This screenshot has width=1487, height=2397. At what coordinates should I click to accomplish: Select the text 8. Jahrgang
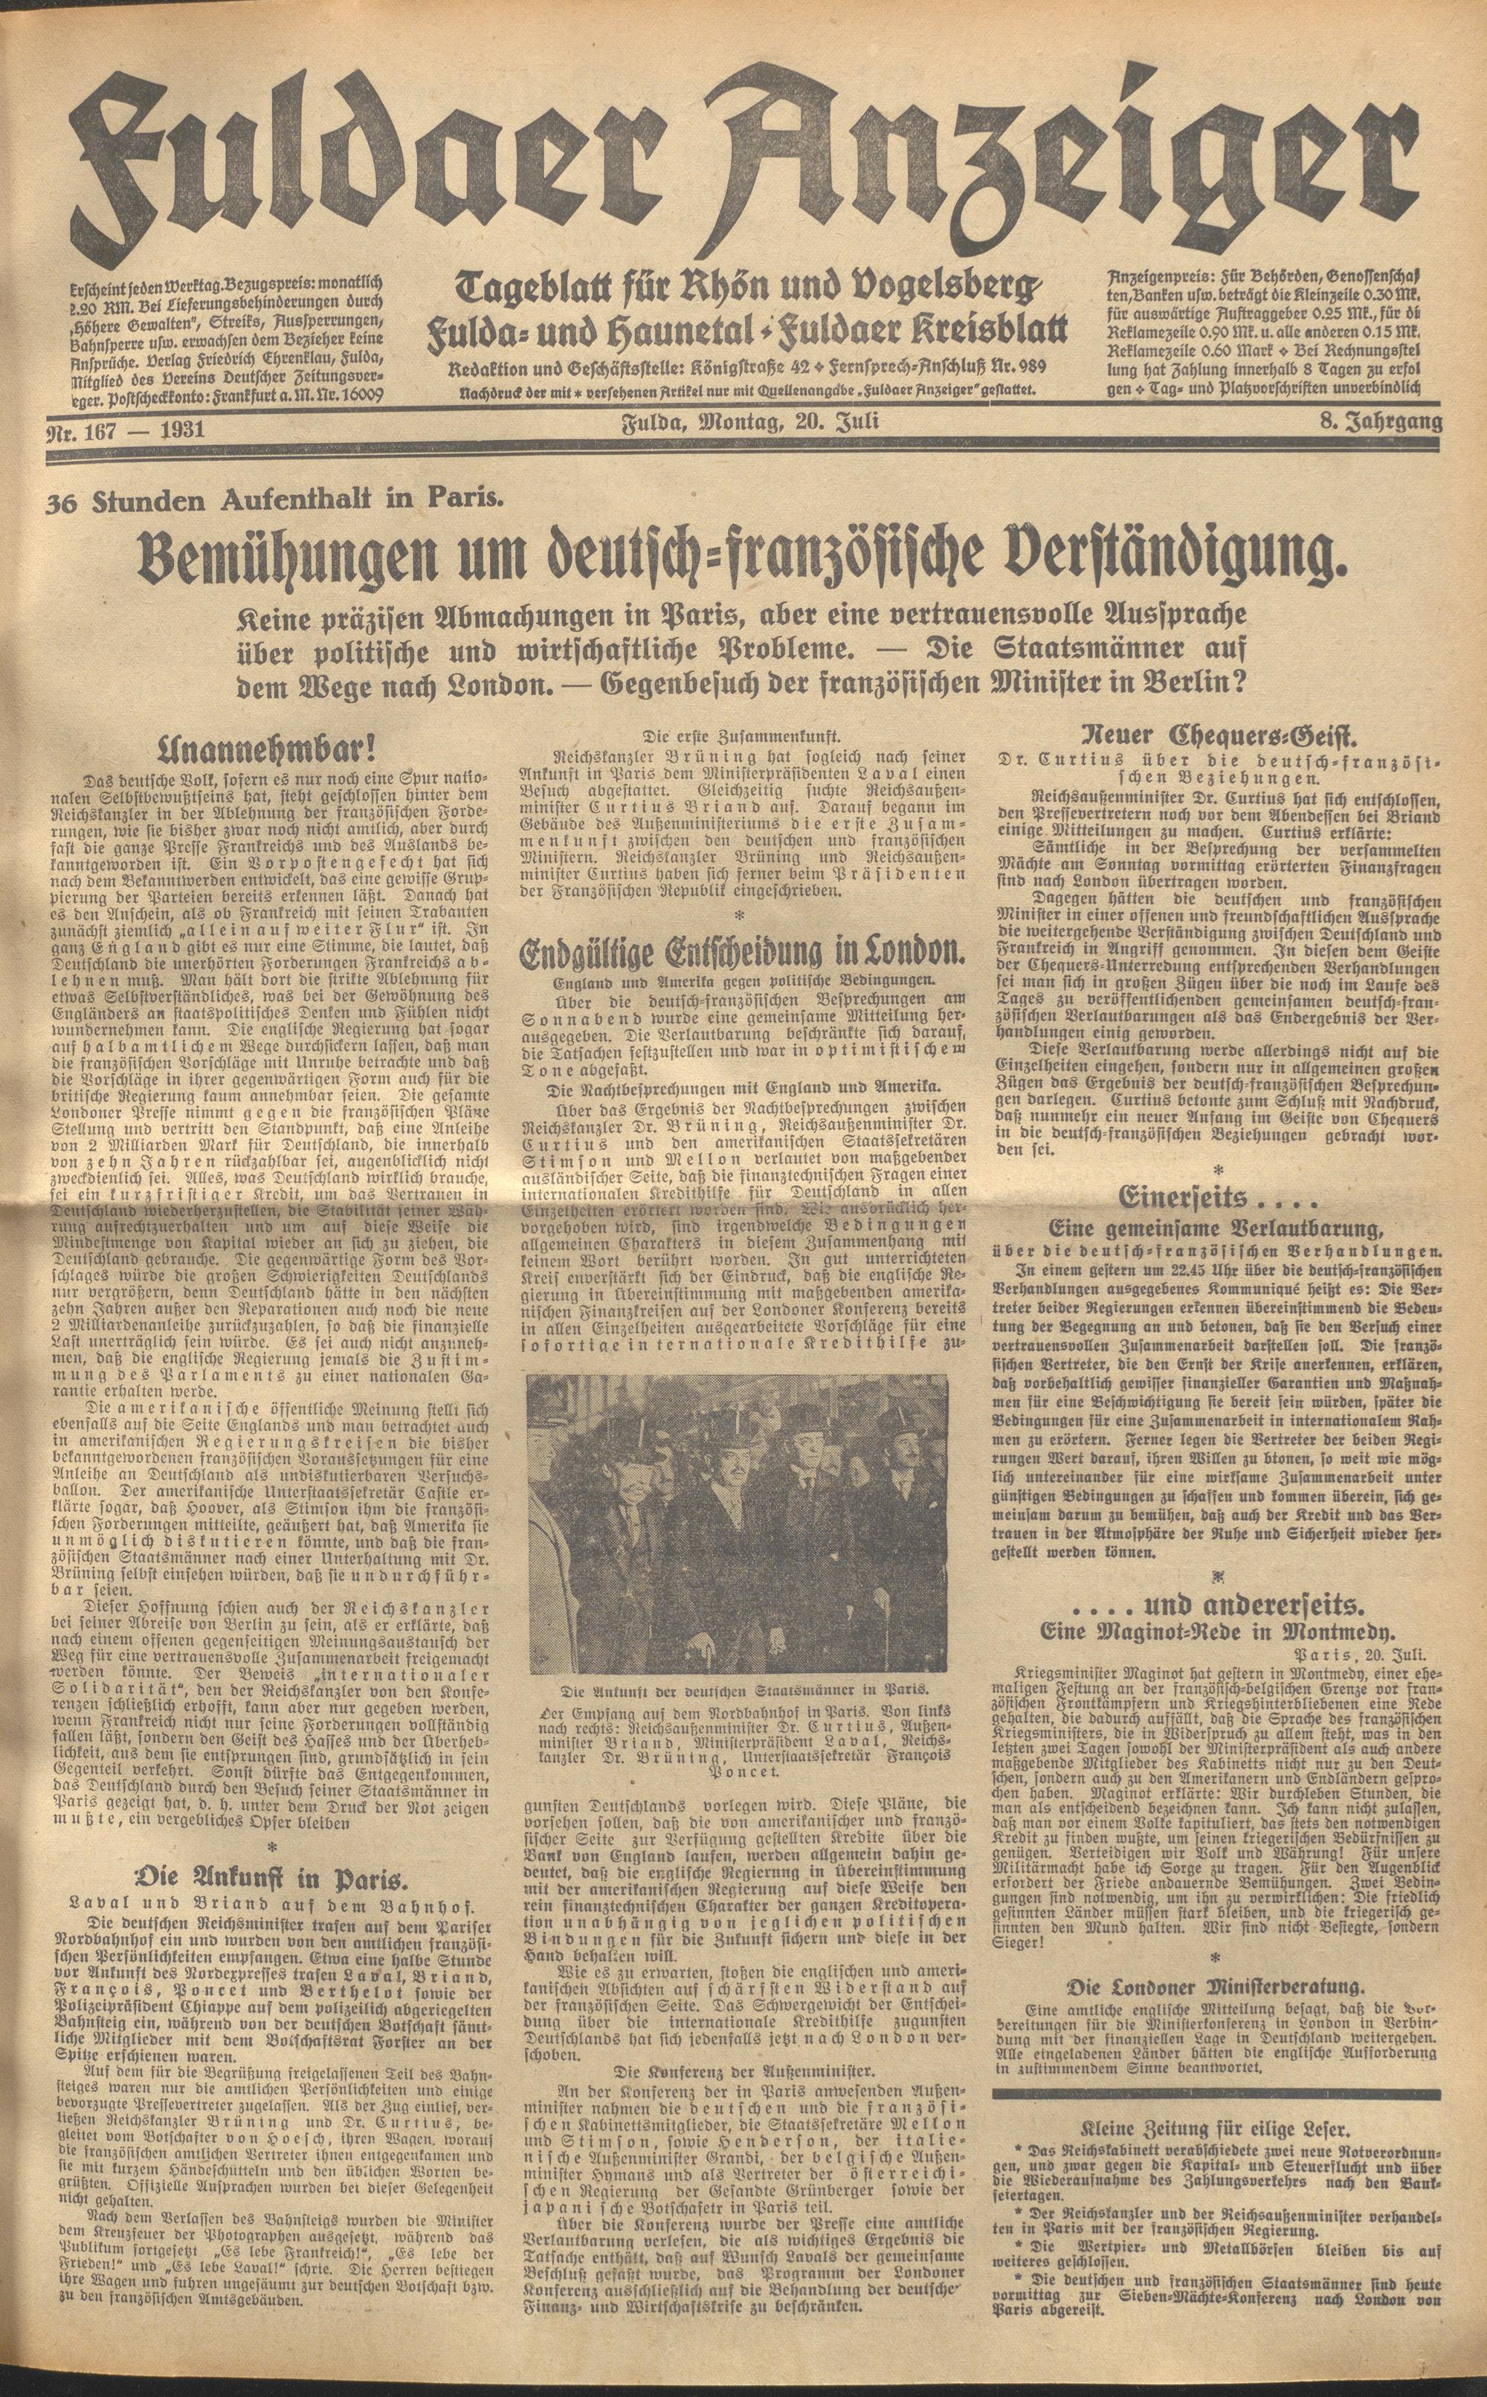[1381, 424]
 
